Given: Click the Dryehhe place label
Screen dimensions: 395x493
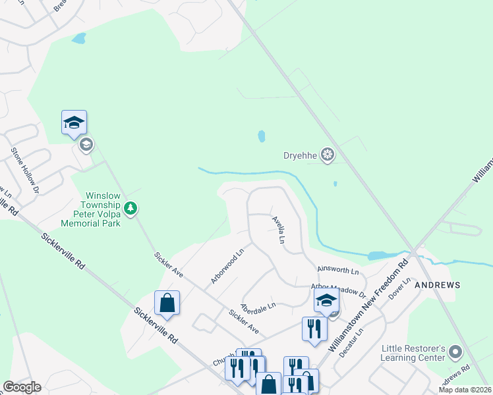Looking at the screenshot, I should click(x=301, y=156).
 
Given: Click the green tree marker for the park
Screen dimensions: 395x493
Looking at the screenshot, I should click(x=131, y=209).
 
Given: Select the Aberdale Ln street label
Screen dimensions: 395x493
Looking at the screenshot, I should click(x=257, y=306).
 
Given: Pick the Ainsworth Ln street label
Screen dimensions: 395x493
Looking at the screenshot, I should click(x=337, y=271).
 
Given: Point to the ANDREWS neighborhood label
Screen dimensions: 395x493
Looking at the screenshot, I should click(x=437, y=285).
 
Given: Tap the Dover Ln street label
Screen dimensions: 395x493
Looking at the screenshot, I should click(x=399, y=288).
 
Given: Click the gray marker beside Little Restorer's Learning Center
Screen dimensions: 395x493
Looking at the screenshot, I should click(x=455, y=353).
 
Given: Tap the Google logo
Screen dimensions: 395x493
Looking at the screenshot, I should click(x=22, y=387).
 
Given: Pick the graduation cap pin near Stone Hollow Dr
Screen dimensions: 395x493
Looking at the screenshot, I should click(x=74, y=122).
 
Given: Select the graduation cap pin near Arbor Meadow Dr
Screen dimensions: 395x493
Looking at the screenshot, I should click(x=326, y=300).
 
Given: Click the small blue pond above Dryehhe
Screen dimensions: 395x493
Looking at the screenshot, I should click(x=262, y=136).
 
